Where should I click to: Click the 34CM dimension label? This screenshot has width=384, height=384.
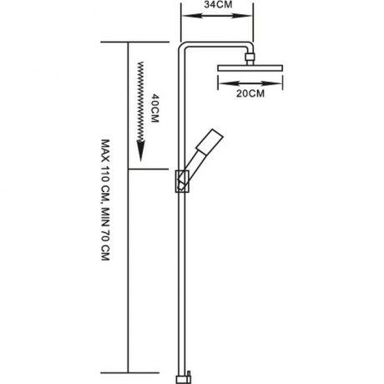click(x=218, y=5)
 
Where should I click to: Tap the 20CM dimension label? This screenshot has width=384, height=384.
click(x=250, y=93)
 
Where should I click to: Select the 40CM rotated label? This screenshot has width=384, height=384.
click(x=154, y=109)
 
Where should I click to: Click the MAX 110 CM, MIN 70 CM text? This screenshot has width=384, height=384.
click(x=105, y=200)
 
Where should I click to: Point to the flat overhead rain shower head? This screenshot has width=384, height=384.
click(x=250, y=68)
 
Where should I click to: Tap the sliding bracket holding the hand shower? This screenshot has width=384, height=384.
click(x=183, y=181)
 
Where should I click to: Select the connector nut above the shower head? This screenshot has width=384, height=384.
click(x=250, y=57)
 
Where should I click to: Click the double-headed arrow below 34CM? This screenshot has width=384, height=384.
click(x=217, y=16)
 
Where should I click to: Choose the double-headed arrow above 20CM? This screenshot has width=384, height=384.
click(x=250, y=83)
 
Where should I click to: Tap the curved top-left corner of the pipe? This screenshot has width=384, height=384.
click(x=182, y=47)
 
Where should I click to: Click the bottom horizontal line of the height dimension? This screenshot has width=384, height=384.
click(x=130, y=372)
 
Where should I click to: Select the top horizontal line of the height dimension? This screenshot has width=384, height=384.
click(x=135, y=42)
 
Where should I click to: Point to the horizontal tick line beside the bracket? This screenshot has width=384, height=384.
click(x=149, y=169)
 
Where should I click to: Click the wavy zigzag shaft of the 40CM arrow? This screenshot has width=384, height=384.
click(x=141, y=101)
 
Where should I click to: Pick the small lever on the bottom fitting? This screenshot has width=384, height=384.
click(x=189, y=374)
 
